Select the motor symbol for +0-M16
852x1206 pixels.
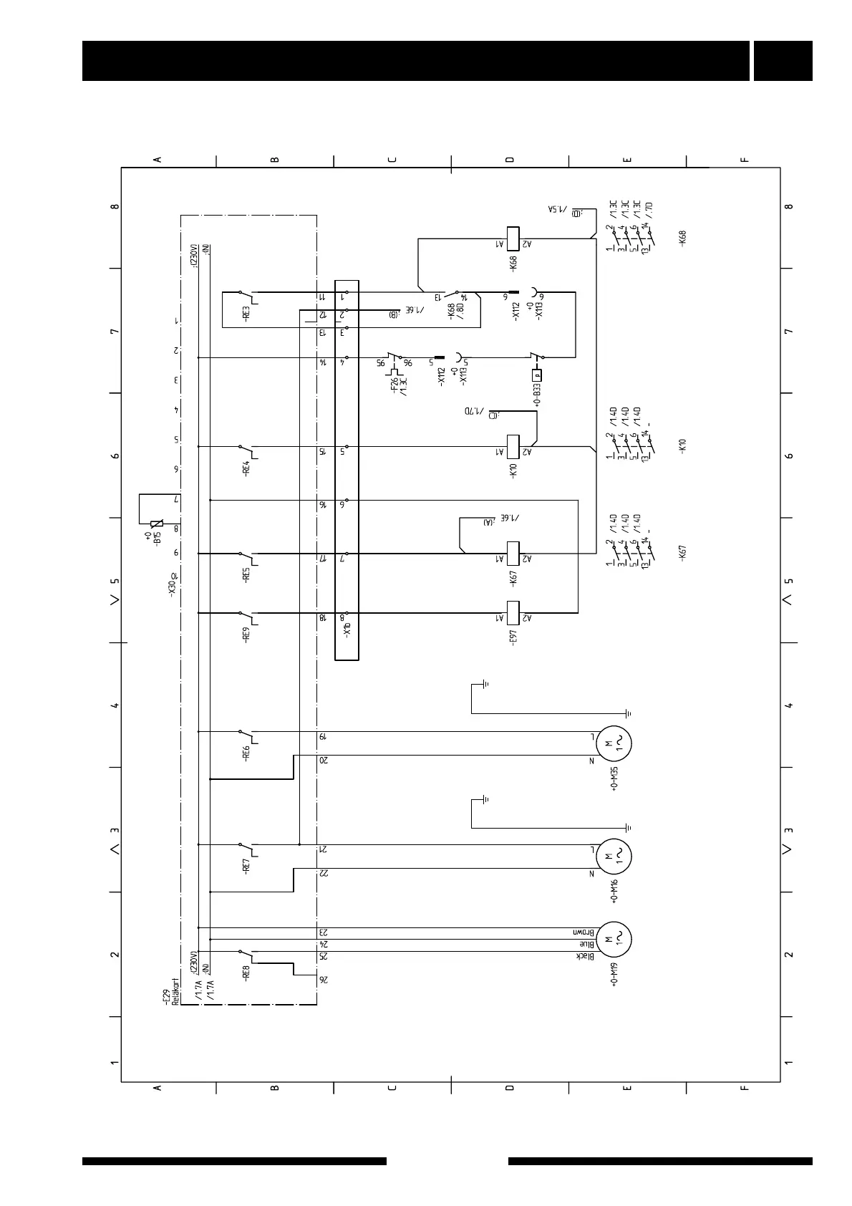[615, 857]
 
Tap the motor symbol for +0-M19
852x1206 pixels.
[615, 940]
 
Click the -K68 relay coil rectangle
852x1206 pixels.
[513, 238]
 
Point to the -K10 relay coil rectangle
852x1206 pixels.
[513, 446]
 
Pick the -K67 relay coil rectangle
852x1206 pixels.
[513, 554]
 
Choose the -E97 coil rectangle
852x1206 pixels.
[513, 613]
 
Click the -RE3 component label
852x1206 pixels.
[246, 316]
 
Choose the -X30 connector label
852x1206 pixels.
[172, 586]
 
